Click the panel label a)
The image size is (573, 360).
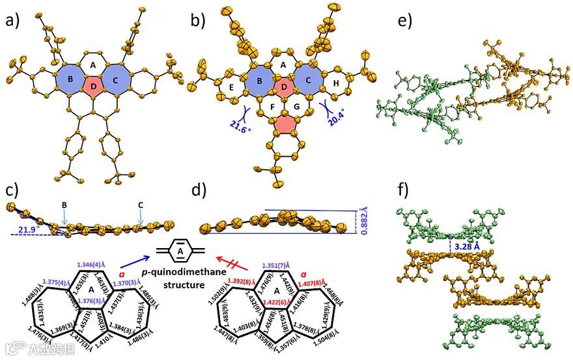click(x=14, y=21)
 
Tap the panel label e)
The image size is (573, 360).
click(x=406, y=21)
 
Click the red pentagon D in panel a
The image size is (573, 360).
click(x=94, y=85)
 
